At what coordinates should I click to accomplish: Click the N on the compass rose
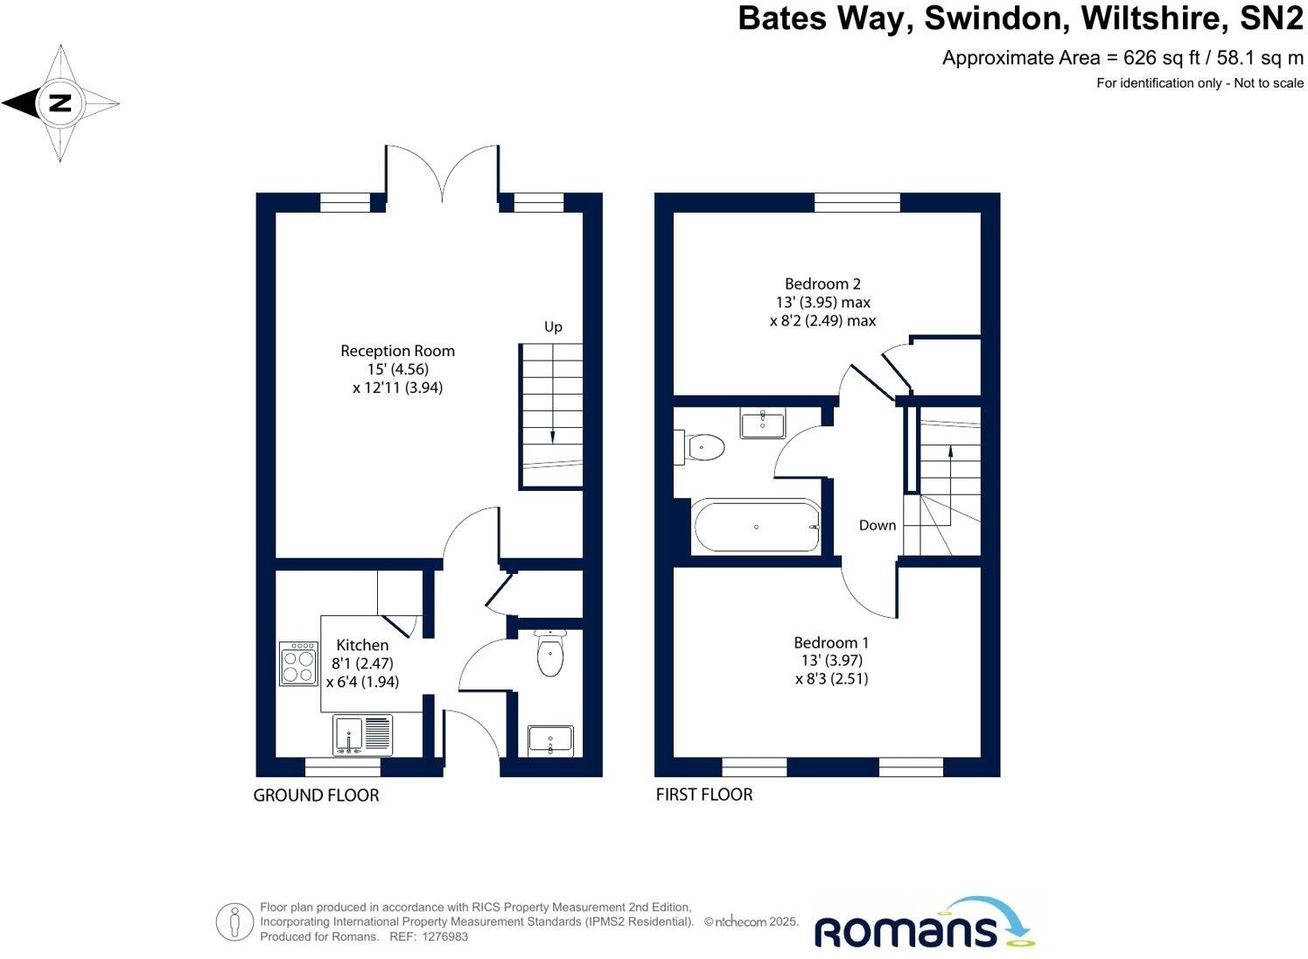pyautogui.click(x=59, y=103)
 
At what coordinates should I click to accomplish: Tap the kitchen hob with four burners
pyautogui.click(x=298, y=664)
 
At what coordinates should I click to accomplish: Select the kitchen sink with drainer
pyautogui.click(x=363, y=734)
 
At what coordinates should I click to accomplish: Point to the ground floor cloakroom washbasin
pyautogui.click(x=550, y=740)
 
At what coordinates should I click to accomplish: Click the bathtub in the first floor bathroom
pyautogui.click(x=756, y=526)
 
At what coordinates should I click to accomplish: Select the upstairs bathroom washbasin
pyautogui.click(x=763, y=424)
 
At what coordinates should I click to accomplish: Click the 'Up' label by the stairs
pyautogui.click(x=553, y=326)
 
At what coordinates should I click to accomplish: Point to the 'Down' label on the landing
pyautogui.click(x=877, y=525)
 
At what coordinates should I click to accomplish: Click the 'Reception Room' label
pyautogui.click(x=397, y=351)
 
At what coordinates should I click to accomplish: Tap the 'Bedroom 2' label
pyautogui.click(x=822, y=283)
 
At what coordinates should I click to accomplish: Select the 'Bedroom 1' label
pyautogui.click(x=831, y=642)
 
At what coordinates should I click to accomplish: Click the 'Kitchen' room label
pyautogui.click(x=362, y=645)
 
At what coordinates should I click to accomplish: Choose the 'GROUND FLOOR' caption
pyautogui.click(x=316, y=795)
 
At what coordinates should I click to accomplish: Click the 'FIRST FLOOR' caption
pyautogui.click(x=704, y=794)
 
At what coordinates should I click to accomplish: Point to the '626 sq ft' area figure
pyautogui.click(x=1159, y=58)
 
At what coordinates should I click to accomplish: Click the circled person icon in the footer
pyautogui.click(x=234, y=921)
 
